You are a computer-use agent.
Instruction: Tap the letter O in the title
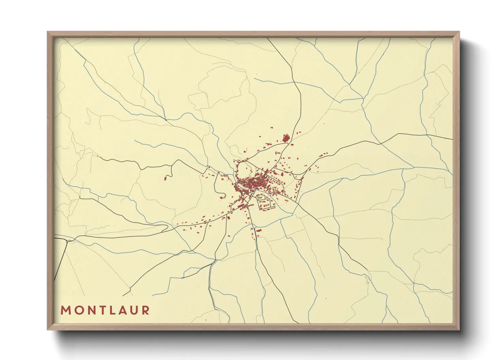[77, 310]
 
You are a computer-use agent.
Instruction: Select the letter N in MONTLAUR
[90, 310]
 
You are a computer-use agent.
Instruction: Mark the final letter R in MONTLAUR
[146, 310]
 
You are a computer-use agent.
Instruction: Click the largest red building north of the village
[285, 138]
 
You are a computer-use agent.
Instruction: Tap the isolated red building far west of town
[166, 178]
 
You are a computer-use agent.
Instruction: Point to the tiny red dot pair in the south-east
[367, 281]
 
